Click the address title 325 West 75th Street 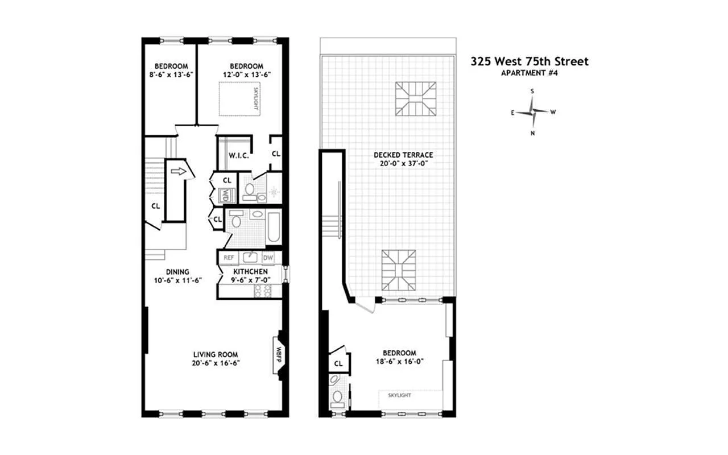530,61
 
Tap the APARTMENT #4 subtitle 530,73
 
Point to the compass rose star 532,112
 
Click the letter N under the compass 533,133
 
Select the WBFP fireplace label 279,355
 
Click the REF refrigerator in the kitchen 229,258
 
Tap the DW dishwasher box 268,258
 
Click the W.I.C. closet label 239,156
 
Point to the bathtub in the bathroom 274,227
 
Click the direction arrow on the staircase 179,172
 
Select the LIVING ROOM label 216,354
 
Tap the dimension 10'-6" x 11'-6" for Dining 178,280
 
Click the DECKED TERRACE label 403,155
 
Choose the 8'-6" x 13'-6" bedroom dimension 171,75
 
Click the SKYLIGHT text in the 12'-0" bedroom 256,98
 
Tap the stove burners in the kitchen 263,291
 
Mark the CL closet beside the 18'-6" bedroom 338,363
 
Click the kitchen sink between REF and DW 250,258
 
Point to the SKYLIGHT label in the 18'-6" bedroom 399,395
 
